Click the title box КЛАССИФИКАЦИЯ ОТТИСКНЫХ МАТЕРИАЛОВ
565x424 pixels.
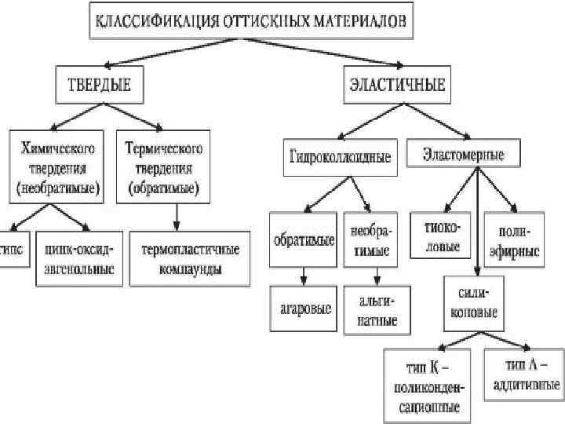point(250,21)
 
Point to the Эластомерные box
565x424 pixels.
point(464,155)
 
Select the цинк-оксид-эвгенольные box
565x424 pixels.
point(79,258)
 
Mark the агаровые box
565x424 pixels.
point(302,307)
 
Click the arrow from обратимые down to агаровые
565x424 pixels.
point(302,275)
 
